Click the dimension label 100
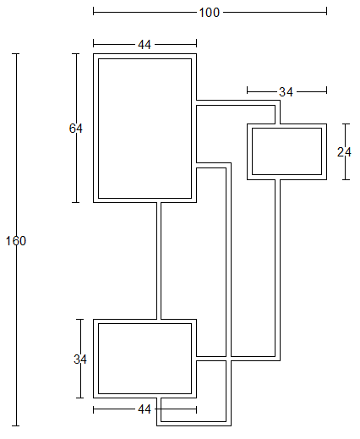point(209,13)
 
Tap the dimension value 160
point(16,241)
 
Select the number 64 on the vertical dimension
point(76,129)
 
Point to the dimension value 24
point(344,152)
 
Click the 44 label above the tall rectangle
point(145,45)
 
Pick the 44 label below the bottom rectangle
point(145,409)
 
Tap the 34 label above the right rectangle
point(286,92)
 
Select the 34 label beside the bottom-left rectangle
point(80,359)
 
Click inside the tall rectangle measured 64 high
point(145,129)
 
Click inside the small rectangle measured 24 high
point(286,151)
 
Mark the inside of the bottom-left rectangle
point(145,359)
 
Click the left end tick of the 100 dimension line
point(93,12)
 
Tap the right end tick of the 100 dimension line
point(326,12)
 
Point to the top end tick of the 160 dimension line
point(16,53)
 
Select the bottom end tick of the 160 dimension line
point(16,425)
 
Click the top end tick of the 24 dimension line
point(346,123)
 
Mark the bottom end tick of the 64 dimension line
point(76,202)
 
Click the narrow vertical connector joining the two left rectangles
point(159,261)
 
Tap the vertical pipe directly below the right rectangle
point(277,268)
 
